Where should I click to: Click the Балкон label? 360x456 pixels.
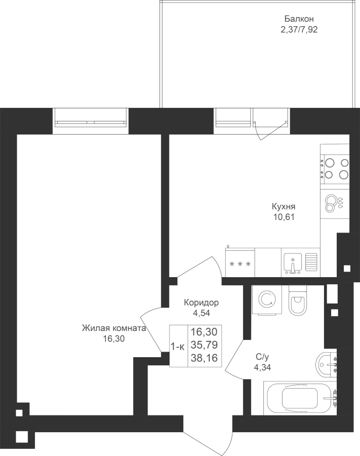[299, 19]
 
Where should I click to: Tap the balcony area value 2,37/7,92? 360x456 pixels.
[299, 30]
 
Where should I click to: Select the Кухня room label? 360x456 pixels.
[284, 207]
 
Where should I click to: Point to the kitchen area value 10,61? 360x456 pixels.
[284, 217]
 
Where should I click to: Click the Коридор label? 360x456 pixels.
[201, 303]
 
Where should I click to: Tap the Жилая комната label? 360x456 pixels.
[113, 328]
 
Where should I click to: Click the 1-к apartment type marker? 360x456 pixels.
[178, 347]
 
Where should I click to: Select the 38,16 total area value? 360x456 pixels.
[204, 358]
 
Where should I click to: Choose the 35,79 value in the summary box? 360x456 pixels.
[204, 345]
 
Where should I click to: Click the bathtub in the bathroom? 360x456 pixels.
[300, 398]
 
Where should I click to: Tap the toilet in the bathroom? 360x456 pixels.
[298, 300]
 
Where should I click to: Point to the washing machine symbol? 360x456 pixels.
[267, 299]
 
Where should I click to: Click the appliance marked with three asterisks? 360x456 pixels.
[240, 262]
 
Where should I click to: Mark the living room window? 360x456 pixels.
[91, 121]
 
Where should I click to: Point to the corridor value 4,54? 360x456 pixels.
[201, 313]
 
